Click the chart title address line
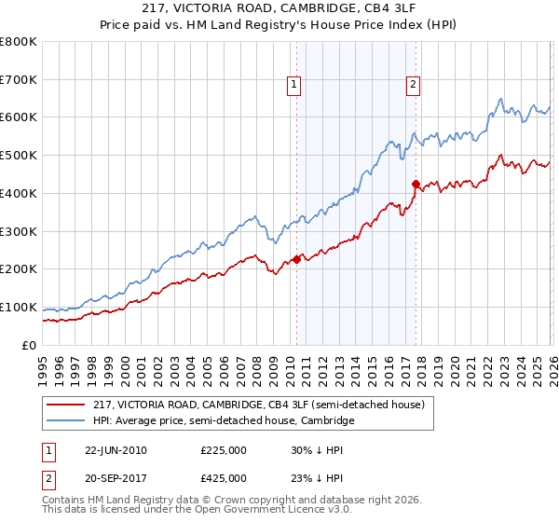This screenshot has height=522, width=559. click(x=279, y=10)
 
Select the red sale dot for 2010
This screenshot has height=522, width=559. click(x=297, y=259)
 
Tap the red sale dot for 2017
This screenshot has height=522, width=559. click(x=416, y=184)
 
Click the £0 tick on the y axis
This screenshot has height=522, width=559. click(x=30, y=345)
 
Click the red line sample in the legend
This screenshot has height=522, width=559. click(x=66, y=405)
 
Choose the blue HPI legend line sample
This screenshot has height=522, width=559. click(x=66, y=421)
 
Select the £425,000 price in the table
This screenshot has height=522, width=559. click(x=224, y=478)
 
